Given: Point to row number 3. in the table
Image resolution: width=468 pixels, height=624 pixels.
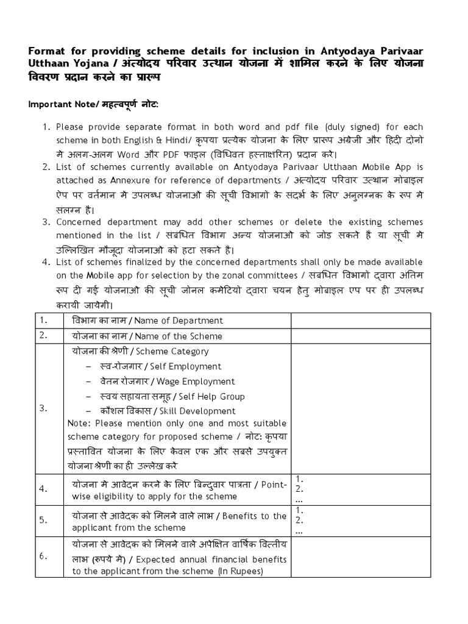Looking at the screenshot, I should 43,408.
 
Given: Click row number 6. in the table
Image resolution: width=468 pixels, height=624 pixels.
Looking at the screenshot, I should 43,556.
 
